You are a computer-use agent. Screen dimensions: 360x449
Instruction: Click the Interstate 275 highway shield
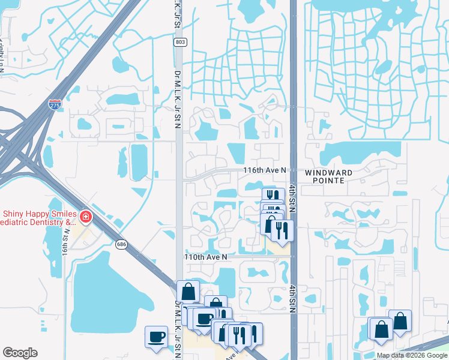(55, 104)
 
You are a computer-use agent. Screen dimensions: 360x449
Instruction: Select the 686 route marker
(122, 244)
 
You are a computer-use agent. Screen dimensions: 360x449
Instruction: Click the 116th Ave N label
(265, 171)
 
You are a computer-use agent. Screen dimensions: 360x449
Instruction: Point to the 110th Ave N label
(206, 257)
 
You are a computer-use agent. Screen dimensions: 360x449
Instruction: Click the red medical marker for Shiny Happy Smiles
(85, 216)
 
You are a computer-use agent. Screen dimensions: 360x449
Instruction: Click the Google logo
(20, 353)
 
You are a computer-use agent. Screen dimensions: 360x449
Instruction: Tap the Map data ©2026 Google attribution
(411, 355)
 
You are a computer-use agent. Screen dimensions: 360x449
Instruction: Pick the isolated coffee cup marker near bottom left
(157, 336)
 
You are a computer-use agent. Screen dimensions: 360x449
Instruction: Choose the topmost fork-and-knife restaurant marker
(272, 196)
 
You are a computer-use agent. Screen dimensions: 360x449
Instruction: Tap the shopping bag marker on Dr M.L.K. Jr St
(188, 292)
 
